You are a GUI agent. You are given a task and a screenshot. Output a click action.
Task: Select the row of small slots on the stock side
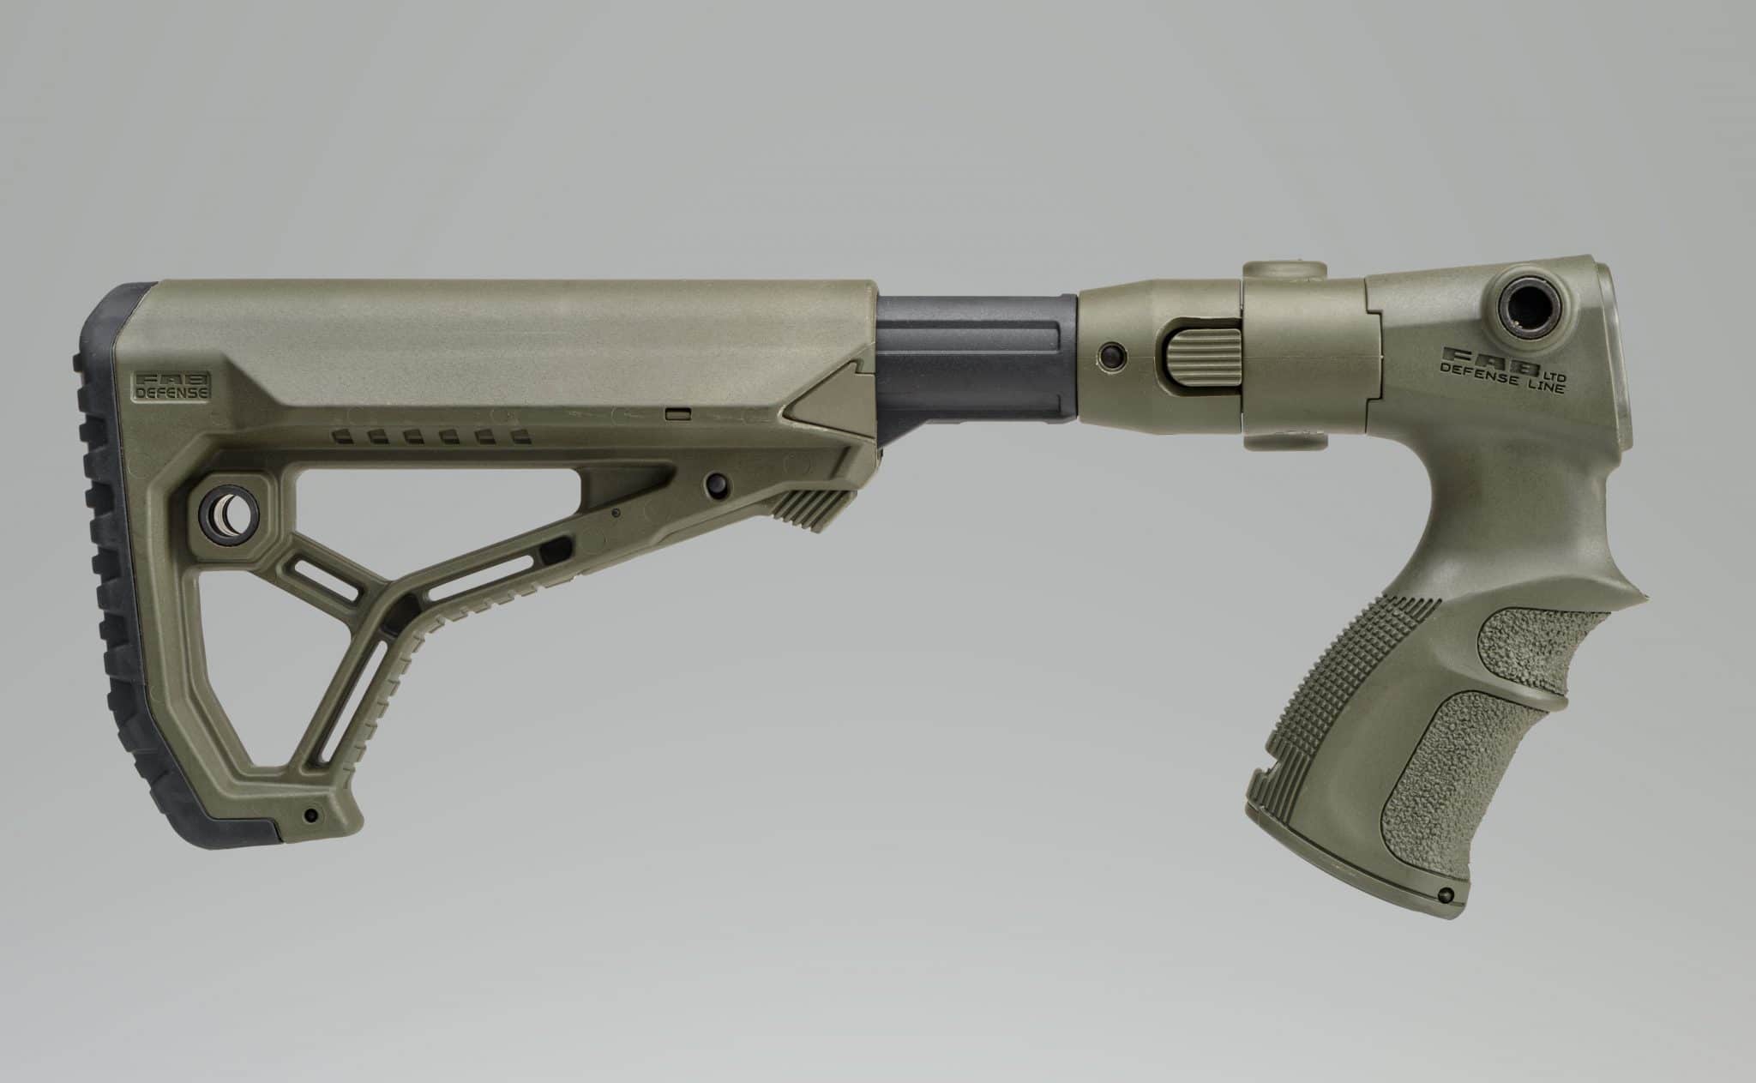429,438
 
